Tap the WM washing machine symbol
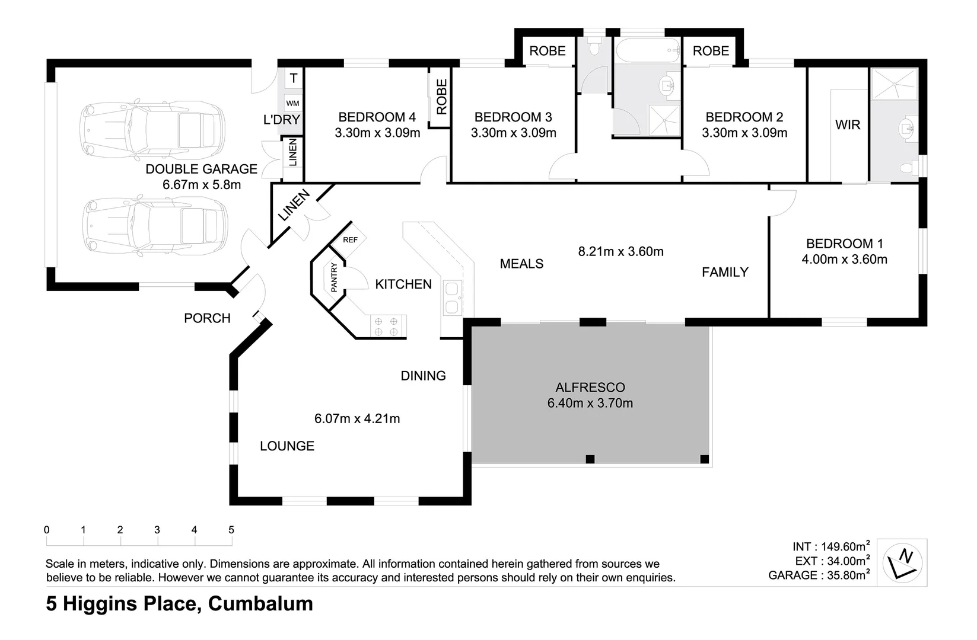(x=292, y=103)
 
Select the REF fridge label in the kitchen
(x=350, y=240)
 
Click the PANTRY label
(x=334, y=277)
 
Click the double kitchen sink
(x=452, y=297)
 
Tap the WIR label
(x=847, y=125)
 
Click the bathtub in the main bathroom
(x=648, y=51)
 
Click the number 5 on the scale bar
(x=231, y=530)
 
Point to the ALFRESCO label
(x=590, y=388)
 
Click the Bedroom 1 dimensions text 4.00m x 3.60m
(x=844, y=259)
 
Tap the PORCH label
(x=207, y=318)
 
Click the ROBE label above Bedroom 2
(x=710, y=51)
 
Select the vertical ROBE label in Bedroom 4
(x=441, y=97)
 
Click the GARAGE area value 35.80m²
(x=845, y=575)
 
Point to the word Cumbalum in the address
(x=261, y=604)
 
